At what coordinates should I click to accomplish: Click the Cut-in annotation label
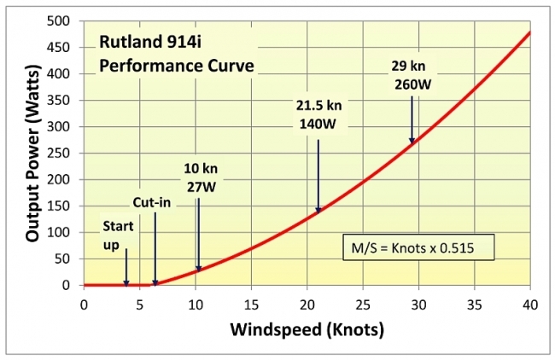152,203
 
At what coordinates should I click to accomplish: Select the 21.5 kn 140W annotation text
318,114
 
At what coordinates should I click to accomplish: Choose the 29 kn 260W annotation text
412,76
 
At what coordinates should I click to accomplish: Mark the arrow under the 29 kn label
412,119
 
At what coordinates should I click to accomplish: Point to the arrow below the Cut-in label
155,247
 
